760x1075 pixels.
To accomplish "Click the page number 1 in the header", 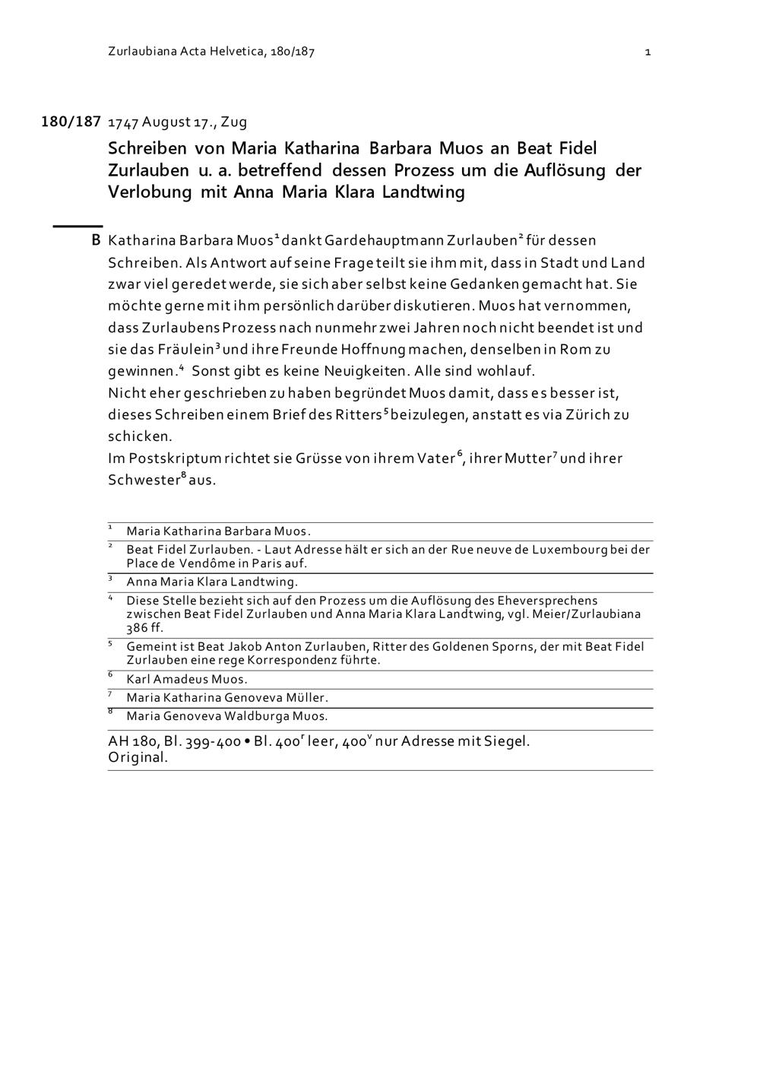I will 648,52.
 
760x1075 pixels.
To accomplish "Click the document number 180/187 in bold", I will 71,122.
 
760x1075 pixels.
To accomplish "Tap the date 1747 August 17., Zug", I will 178,122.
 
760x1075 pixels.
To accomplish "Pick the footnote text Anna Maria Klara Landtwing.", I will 212,582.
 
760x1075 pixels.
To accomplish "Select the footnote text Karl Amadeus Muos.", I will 187,680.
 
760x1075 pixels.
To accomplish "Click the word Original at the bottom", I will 137,757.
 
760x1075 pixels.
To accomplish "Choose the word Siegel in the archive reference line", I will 507,740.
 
